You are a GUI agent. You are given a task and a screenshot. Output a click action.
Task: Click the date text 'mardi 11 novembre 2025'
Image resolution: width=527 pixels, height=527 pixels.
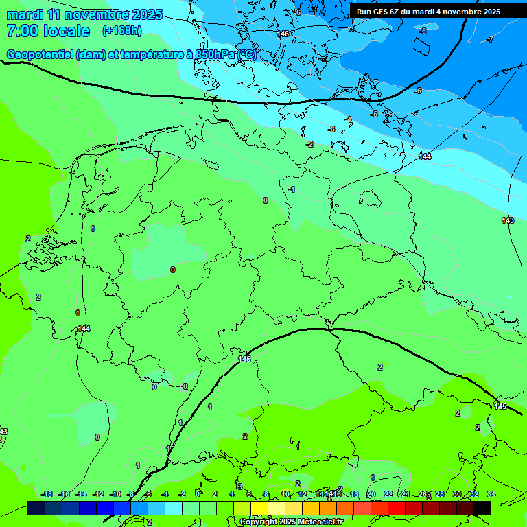(x=84, y=14)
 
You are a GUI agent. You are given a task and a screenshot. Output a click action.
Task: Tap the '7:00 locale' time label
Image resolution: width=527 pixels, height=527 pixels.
(x=48, y=31)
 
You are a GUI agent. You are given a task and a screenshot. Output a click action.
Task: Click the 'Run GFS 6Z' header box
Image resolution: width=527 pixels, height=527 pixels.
(x=428, y=12)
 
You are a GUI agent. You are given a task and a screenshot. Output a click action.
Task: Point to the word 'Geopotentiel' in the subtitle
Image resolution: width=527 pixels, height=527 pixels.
(x=40, y=55)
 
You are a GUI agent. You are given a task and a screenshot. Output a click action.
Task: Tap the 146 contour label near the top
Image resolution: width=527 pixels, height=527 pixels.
(x=283, y=34)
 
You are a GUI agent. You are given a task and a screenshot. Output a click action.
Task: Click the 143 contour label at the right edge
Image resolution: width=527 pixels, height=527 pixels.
(x=508, y=220)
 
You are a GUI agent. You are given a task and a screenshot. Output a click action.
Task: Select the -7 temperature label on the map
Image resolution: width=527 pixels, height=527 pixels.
(x=490, y=39)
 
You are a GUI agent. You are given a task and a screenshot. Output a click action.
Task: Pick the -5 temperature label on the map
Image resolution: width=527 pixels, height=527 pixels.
(x=374, y=114)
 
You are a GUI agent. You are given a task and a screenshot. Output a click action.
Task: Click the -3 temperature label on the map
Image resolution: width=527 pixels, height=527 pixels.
(x=332, y=129)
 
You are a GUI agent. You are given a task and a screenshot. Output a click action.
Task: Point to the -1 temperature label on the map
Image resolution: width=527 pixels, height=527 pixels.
(x=292, y=189)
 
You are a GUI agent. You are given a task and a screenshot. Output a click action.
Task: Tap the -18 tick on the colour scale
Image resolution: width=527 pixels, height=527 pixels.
(x=47, y=494)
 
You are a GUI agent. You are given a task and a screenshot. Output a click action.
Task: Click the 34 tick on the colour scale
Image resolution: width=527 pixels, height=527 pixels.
(x=491, y=494)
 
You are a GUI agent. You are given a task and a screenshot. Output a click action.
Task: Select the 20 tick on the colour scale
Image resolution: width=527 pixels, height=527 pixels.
(x=371, y=494)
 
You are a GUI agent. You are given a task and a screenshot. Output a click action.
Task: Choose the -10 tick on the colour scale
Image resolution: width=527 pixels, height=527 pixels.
(x=115, y=494)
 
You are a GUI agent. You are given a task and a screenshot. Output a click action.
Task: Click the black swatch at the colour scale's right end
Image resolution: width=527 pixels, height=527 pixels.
(x=482, y=508)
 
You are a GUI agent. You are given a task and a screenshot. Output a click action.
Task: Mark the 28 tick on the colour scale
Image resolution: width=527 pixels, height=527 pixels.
(x=440, y=494)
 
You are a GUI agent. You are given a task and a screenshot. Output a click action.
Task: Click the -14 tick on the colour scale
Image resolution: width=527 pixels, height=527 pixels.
(x=81, y=494)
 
